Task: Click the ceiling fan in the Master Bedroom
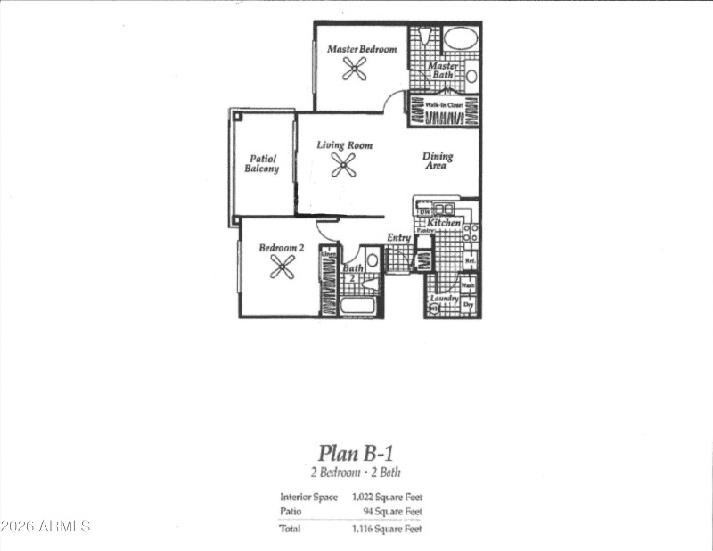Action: tap(355, 69)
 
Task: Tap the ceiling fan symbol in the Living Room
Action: tap(343, 164)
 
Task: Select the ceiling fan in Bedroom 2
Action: tap(283, 267)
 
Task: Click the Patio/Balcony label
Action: tap(262, 163)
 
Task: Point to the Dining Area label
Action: tap(437, 160)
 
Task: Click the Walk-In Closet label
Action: tap(443, 104)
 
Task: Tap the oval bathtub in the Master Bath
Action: tap(460, 38)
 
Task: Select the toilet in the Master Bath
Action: tap(424, 37)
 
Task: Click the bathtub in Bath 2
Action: tap(360, 306)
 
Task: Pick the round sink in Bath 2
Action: tap(373, 261)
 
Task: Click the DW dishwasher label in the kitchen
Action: tap(424, 211)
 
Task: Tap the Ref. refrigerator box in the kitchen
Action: tap(469, 260)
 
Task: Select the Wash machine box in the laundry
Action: tap(468, 285)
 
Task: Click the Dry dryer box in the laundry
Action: tap(468, 305)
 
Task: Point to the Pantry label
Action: tap(425, 230)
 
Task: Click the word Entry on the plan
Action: tap(398, 238)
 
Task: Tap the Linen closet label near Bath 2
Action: tap(327, 254)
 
